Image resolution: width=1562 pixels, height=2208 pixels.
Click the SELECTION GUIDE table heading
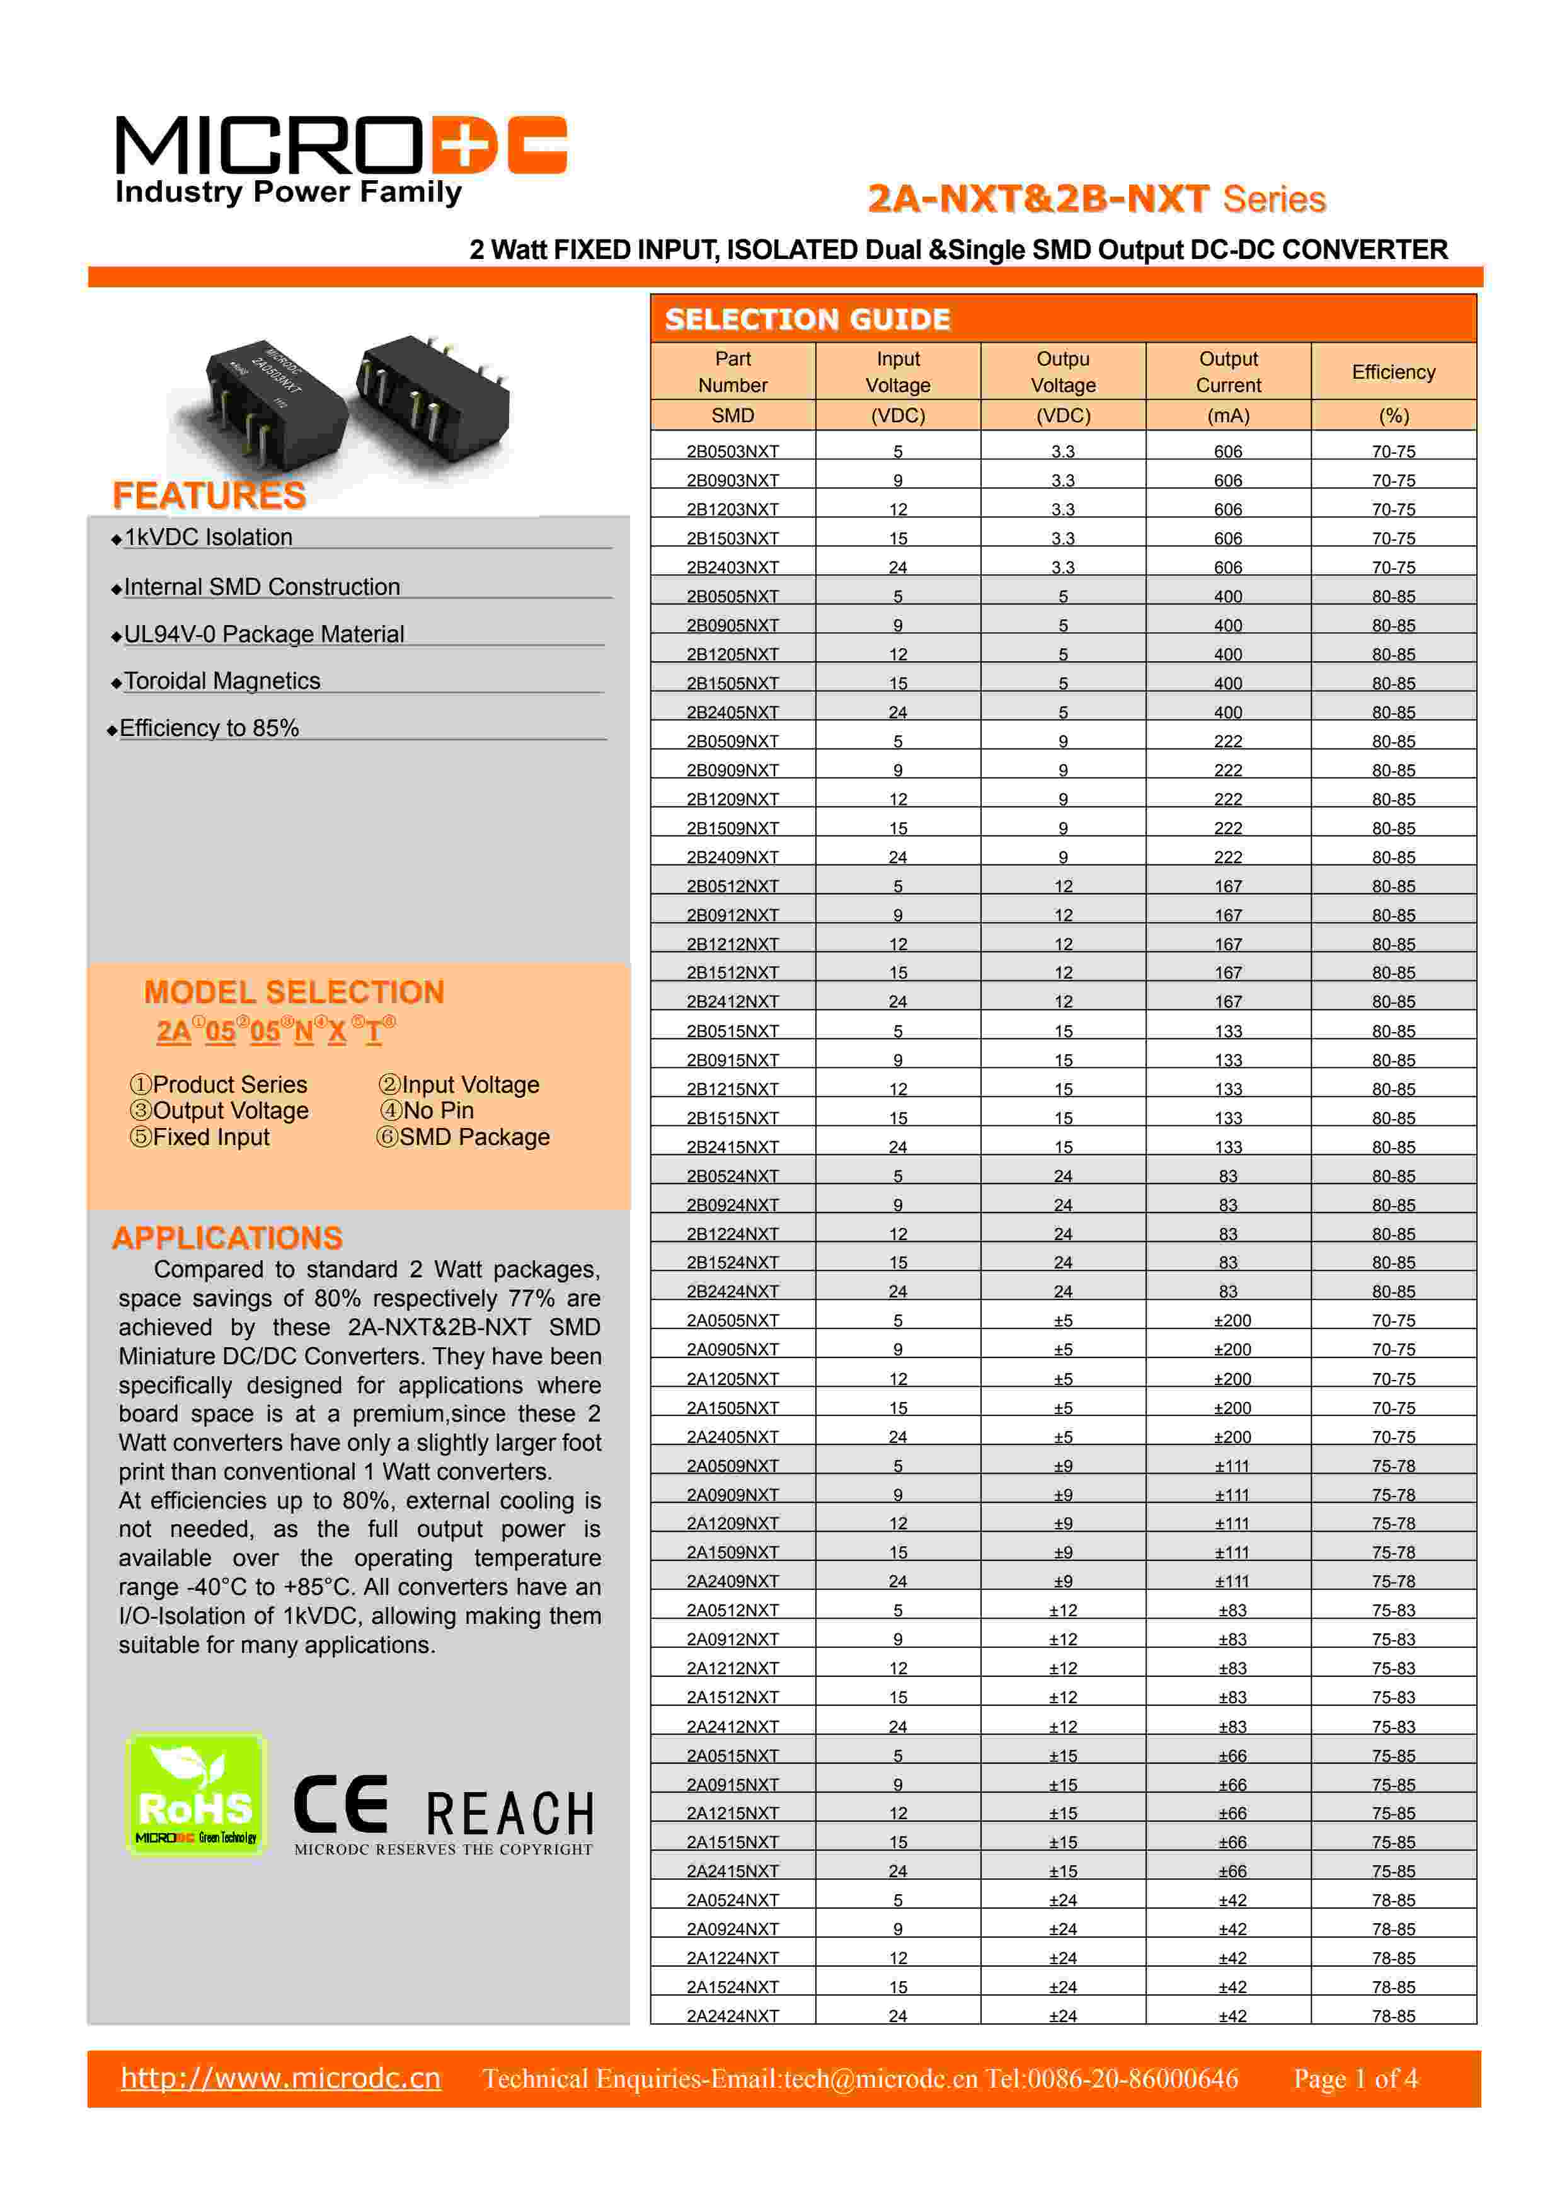(x=807, y=319)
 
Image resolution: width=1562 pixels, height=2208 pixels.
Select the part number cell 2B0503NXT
(x=732, y=451)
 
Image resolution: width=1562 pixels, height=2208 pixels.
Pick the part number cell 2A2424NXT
(x=732, y=2016)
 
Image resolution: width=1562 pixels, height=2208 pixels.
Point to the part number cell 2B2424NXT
(x=732, y=1292)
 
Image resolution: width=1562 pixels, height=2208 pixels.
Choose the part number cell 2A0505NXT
(x=732, y=1320)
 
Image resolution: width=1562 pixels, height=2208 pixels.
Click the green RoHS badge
(x=196, y=1795)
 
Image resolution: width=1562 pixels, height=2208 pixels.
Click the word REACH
(x=510, y=1814)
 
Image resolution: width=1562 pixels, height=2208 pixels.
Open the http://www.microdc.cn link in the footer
(x=281, y=2078)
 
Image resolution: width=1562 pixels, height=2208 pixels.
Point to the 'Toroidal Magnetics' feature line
(x=221, y=681)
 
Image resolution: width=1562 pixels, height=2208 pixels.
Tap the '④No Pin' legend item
(x=427, y=1111)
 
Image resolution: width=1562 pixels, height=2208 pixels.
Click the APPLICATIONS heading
(x=227, y=1238)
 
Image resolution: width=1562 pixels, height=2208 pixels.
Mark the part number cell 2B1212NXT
(x=732, y=945)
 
